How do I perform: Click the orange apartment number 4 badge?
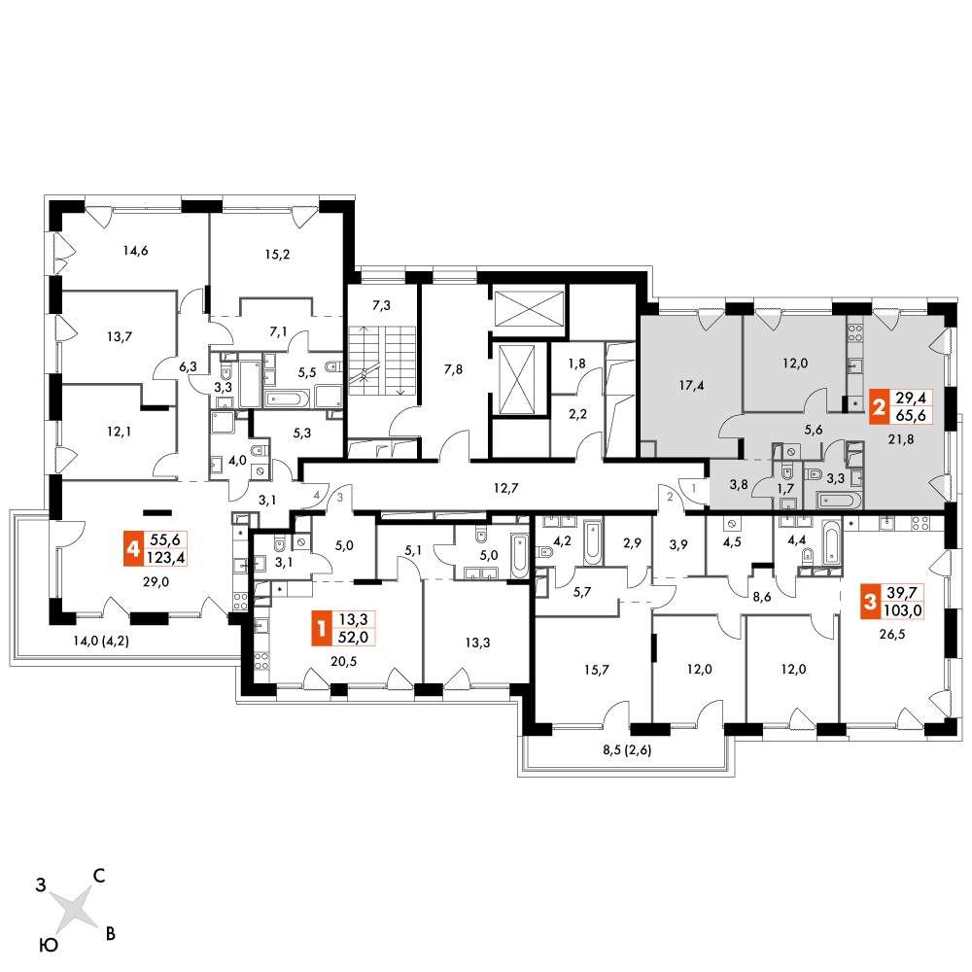130,551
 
